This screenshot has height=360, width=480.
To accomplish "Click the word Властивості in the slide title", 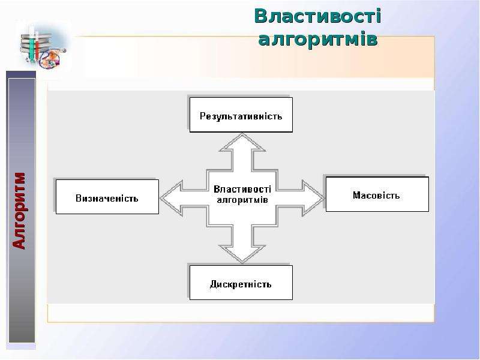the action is (317, 16).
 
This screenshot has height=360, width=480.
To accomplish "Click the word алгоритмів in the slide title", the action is (318, 39).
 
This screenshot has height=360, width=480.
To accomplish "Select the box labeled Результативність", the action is (241, 115).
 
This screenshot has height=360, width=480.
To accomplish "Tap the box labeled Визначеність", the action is (107, 197).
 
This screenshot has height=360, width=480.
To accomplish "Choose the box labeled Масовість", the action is (377, 194).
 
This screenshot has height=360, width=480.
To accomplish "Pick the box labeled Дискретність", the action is (241, 283).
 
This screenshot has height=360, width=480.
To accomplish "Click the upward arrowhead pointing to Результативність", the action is (242, 143).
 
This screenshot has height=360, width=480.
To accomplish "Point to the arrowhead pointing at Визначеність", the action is (172, 198).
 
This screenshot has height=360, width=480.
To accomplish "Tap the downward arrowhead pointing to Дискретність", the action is (242, 254).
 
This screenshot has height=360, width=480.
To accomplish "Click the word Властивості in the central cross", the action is (242, 189).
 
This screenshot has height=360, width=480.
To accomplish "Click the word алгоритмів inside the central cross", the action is (242, 200).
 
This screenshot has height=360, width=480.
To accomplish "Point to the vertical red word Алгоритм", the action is (19, 211).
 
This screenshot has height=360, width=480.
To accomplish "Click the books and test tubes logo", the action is (43, 47).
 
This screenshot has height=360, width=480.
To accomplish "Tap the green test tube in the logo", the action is (32, 45).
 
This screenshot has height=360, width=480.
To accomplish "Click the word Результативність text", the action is (241, 116).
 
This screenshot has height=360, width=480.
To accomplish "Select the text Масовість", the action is (376, 196).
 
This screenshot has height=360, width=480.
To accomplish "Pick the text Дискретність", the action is (241, 284).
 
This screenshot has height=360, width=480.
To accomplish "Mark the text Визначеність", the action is (107, 199).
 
